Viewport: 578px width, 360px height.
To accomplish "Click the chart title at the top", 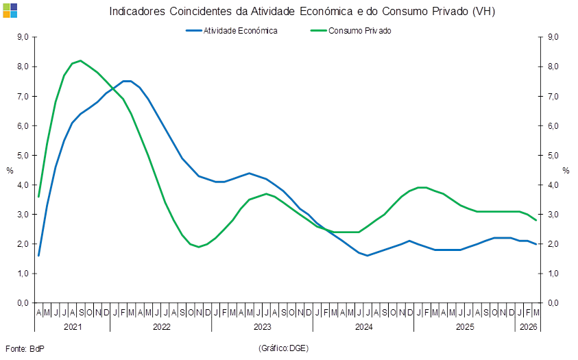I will click(x=302, y=11).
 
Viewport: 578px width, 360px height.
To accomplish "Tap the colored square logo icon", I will click(x=10, y=10).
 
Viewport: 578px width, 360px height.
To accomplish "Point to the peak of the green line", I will click(x=81, y=60).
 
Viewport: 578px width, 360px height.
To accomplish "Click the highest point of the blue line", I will click(x=127, y=80).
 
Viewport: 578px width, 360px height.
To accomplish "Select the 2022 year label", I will click(x=162, y=327).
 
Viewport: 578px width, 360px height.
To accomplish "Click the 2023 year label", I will click(x=263, y=327).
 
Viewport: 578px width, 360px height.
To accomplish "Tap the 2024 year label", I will click(x=363, y=327).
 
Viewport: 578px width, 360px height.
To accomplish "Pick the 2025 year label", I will click(x=465, y=327).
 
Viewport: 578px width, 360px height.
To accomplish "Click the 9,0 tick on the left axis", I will click(x=22, y=38).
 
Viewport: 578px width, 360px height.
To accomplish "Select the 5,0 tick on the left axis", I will click(x=22, y=156).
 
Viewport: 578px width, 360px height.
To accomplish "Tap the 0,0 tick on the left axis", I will click(x=22, y=302).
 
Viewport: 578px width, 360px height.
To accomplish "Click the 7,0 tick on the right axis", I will click(x=553, y=97).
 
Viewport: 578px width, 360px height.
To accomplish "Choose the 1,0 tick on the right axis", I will click(x=553, y=274).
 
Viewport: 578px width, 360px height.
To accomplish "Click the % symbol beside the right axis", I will click(x=566, y=171).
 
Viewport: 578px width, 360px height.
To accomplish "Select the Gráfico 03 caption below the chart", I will click(x=283, y=348).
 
